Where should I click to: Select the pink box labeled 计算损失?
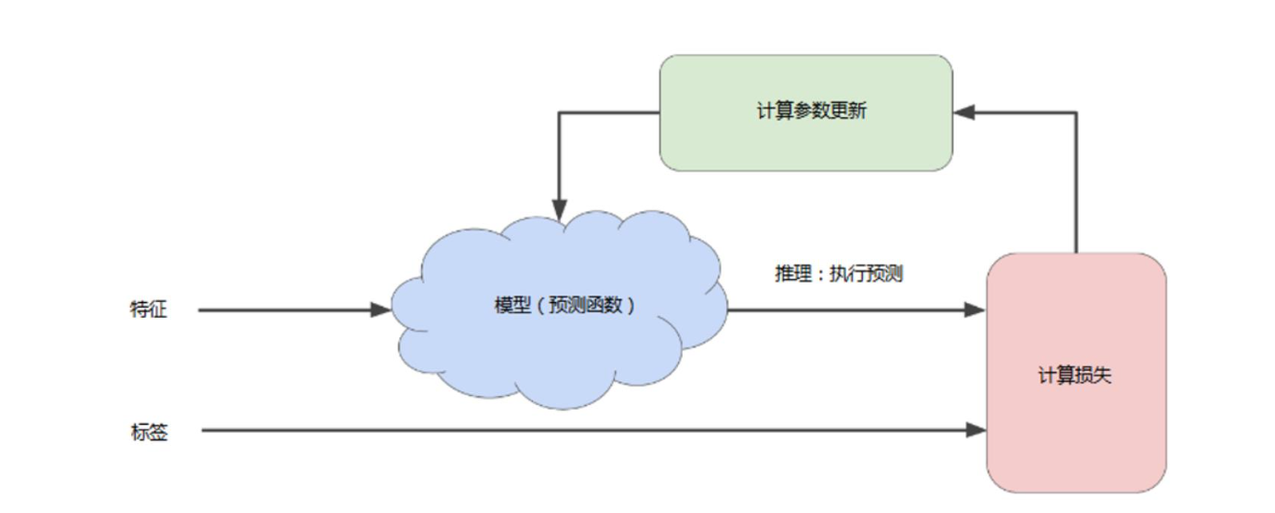tap(1076, 427)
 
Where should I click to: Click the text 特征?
tap(149, 309)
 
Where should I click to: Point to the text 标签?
tap(149, 431)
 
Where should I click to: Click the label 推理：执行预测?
tap(839, 275)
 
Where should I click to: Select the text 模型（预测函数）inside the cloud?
tap(565, 306)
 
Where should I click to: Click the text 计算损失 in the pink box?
tap(1075, 375)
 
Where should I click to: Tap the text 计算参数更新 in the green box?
tap(812, 112)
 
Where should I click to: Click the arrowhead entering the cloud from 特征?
tap(381, 309)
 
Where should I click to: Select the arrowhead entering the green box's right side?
tap(963, 112)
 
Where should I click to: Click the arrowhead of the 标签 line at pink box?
tap(976, 429)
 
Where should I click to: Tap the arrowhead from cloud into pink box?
tap(976, 309)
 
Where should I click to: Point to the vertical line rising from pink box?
tap(1076, 186)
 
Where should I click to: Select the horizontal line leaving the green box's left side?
tap(609, 112)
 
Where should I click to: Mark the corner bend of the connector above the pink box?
tap(1076, 112)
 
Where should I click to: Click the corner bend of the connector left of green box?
tap(559, 112)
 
